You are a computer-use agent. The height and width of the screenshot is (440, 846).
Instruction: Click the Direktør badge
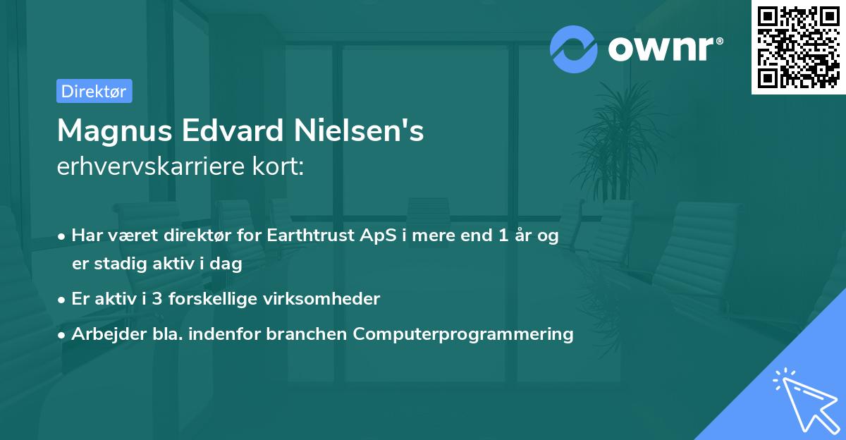(x=94, y=92)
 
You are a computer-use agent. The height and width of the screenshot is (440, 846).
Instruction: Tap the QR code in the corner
(x=799, y=47)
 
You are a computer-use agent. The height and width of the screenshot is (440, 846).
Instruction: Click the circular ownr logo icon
(x=574, y=49)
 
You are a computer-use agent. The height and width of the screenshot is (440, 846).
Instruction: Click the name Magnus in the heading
(x=112, y=131)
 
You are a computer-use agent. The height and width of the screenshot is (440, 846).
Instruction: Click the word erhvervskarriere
(x=145, y=167)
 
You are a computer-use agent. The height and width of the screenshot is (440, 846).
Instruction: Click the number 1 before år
(x=503, y=236)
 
